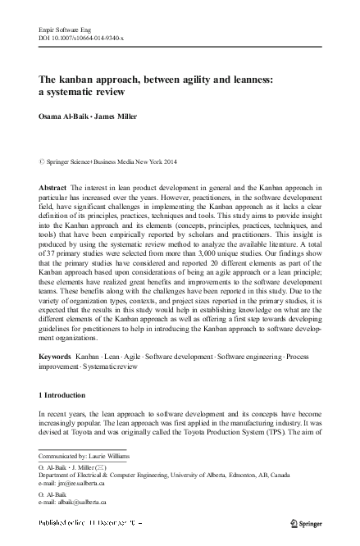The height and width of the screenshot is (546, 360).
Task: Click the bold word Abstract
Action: click(53, 188)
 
